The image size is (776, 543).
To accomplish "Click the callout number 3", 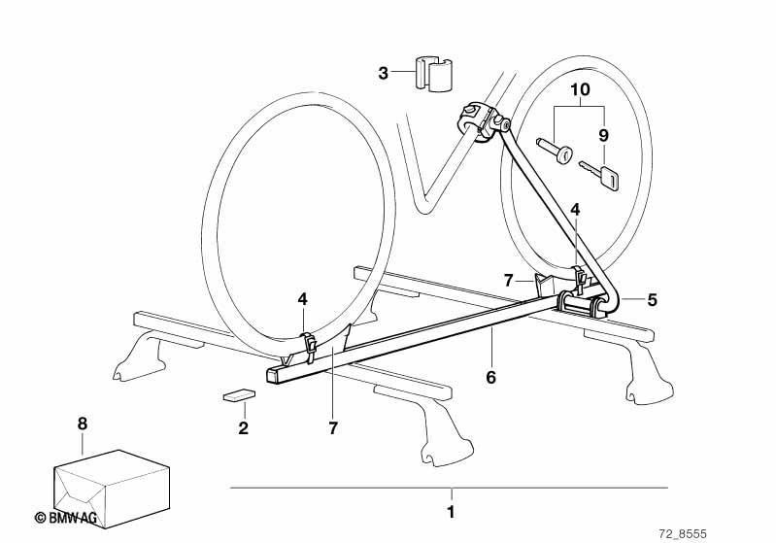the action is pos(383,73).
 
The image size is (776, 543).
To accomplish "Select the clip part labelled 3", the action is pos(433,74).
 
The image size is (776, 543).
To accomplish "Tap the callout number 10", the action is pos(580,90).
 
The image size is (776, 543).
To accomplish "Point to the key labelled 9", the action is pos(599,175).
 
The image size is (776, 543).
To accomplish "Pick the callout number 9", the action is pos(603,135).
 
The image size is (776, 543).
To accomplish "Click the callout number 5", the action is pos(653,299).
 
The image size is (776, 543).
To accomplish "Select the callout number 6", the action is pos(490,377).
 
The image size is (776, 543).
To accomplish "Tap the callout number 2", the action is pos(243,427).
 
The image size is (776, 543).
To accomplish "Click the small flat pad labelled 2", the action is pos(239,395).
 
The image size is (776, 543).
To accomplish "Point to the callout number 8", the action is pos(83,424).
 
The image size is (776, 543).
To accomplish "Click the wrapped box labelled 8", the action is pos(112,489).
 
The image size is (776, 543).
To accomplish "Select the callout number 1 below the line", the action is pos(451,512).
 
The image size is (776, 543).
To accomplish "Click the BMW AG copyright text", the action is pos(66,518).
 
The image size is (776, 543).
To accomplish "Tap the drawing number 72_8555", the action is pos(683,534).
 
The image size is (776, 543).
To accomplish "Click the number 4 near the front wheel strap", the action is pos(302,299).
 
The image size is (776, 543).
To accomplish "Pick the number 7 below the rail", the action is pos(333,427).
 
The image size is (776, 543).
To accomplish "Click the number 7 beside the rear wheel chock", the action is pos(508,281).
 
